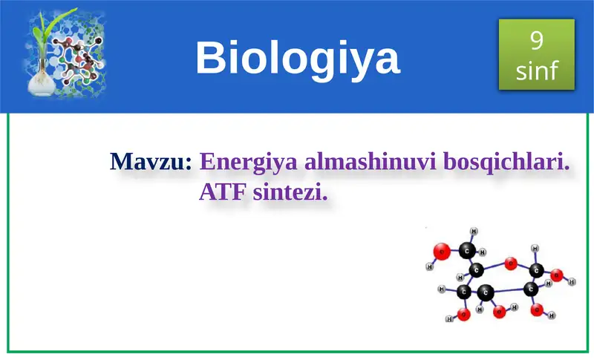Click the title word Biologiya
pos(297,58)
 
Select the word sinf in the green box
pos(537,71)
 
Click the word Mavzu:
pos(151,161)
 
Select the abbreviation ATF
pos(223,194)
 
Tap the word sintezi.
pos(290,194)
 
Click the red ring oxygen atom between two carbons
pos(511,263)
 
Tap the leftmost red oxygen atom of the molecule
pos(441,252)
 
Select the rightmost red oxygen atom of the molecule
pos(558,275)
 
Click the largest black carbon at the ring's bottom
pos(485,292)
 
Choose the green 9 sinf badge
pos(537,55)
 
